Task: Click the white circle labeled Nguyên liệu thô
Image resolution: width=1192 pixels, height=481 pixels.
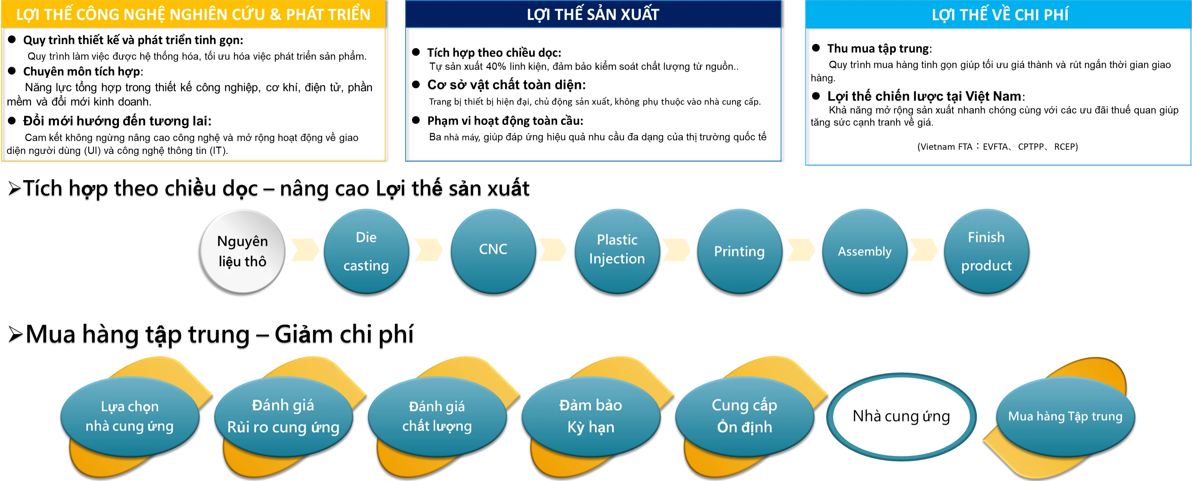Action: [242, 252]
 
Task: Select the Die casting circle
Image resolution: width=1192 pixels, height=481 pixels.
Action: [366, 252]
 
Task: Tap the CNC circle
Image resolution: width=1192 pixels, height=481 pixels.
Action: [493, 252]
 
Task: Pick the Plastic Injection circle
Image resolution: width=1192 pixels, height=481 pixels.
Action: [617, 252]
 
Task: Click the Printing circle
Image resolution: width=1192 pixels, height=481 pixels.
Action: [739, 252]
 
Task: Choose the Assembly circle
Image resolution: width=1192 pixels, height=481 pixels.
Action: [864, 252]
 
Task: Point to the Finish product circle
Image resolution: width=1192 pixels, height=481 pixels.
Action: [987, 252]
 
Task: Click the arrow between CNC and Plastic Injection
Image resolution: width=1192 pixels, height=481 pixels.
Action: [553, 250]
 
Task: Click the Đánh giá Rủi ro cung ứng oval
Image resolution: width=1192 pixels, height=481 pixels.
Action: [283, 417]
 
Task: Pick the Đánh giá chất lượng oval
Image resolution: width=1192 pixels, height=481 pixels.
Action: [437, 417]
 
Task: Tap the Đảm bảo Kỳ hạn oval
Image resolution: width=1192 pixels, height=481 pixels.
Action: [590, 417]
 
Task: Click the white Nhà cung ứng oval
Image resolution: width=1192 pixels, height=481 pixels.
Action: [901, 416]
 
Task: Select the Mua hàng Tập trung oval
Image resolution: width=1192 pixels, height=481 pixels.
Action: [1065, 417]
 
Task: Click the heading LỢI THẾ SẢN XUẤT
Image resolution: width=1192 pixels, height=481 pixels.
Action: [593, 14]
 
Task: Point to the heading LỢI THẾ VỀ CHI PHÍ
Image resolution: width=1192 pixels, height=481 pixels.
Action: [1000, 15]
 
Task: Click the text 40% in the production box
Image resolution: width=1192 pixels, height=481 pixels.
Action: [496, 66]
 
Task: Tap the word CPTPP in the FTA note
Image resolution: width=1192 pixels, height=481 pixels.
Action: [1031, 147]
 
